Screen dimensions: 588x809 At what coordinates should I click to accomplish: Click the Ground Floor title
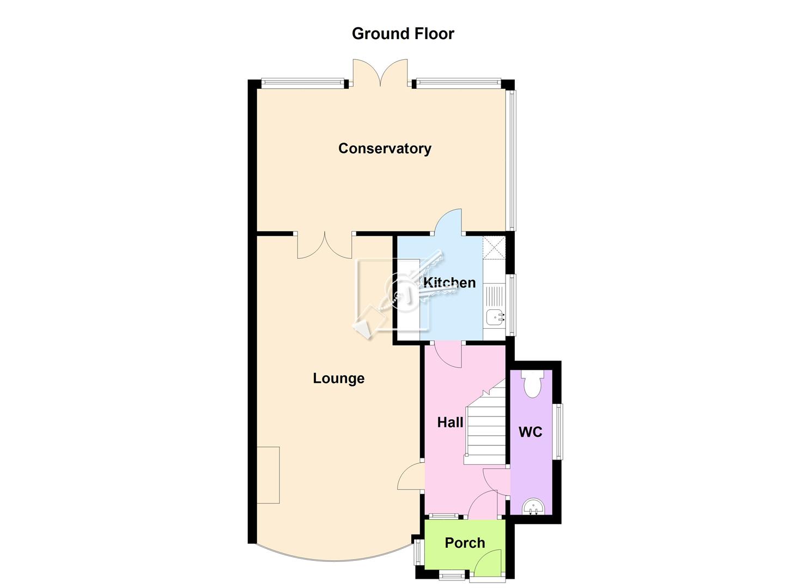point(403,34)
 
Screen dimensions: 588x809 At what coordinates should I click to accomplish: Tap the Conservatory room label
point(385,149)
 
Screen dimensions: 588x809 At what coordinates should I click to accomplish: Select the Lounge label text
point(338,378)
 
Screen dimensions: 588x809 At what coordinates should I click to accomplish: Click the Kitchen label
point(449,283)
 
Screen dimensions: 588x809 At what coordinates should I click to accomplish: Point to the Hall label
point(450,422)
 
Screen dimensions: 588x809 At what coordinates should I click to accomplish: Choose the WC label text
point(530,432)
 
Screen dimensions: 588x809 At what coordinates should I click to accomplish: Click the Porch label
point(465,543)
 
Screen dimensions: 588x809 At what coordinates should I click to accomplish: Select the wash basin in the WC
point(533,507)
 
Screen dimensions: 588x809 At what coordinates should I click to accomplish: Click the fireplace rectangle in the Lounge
point(268,475)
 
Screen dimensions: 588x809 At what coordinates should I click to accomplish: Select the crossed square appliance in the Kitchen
point(494,248)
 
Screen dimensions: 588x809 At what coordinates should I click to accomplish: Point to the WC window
point(558,431)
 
